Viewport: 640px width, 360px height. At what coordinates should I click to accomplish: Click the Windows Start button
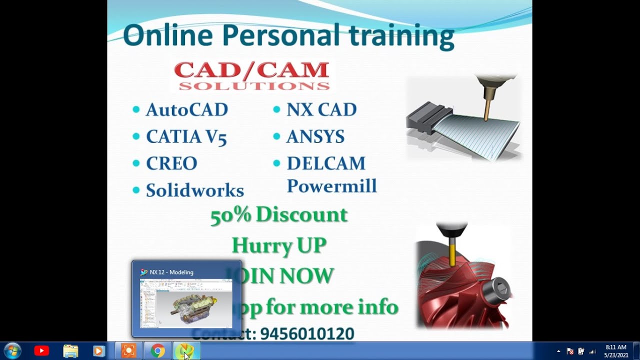click(12, 351)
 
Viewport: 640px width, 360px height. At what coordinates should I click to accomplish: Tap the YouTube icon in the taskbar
click(41, 351)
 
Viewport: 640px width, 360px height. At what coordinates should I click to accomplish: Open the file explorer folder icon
click(70, 351)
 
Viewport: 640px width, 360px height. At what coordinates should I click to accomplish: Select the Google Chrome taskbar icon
click(157, 351)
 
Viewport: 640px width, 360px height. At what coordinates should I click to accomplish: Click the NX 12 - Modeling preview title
click(171, 272)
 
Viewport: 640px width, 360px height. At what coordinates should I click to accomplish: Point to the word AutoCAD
click(186, 110)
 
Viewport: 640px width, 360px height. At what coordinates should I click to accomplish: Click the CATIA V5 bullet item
click(186, 137)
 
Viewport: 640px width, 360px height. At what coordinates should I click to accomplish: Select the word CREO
click(171, 163)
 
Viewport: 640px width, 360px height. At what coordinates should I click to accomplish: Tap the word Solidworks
click(194, 190)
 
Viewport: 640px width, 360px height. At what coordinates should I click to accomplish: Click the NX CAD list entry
click(321, 110)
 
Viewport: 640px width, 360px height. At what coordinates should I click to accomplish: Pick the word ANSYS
click(315, 137)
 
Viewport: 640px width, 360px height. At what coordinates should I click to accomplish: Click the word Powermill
click(331, 186)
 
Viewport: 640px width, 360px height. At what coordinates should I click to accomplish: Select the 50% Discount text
click(278, 215)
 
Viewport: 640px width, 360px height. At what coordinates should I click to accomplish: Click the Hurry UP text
click(279, 245)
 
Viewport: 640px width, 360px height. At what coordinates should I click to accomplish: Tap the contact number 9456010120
click(307, 334)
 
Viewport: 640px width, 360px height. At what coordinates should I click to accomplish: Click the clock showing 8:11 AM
click(615, 347)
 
